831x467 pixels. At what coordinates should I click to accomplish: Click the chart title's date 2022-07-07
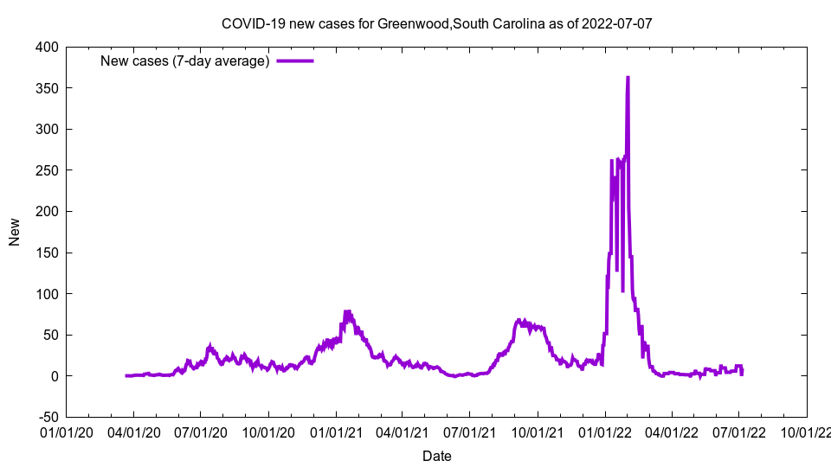(617, 23)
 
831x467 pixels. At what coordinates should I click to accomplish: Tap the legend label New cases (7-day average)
(185, 61)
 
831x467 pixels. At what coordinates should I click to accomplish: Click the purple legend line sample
(295, 61)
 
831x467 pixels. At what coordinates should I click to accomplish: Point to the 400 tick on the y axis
(47, 47)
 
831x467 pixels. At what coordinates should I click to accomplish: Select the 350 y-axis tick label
(47, 88)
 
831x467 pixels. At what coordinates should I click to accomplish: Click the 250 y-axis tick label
(47, 170)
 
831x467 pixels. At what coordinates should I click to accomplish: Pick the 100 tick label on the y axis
(47, 294)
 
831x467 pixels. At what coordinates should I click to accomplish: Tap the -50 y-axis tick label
(47, 417)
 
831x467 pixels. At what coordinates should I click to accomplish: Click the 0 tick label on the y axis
(54, 376)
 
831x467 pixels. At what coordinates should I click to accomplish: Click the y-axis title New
(15, 232)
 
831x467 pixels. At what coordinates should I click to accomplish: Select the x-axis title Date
(436, 456)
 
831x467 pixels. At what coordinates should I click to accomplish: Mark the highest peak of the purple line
(628, 78)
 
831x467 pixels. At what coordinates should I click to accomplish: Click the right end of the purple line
(742, 373)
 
